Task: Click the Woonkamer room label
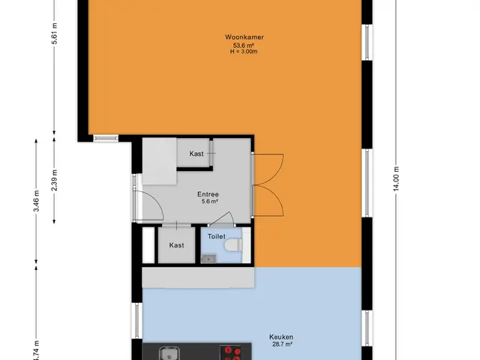pos(244,37)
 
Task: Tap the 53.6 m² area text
pos(244,45)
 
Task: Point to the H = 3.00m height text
pos(244,52)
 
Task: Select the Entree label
pos(208,194)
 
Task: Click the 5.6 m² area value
pos(209,201)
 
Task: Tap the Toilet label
pos(217,236)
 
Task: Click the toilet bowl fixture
pos(233,245)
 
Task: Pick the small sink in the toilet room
pos(208,259)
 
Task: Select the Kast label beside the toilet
pos(177,245)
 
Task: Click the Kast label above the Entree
pos(196,154)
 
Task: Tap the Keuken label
pos(281,337)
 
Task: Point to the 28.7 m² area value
pos(282,344)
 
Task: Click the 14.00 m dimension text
pos(397,178)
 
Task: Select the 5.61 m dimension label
pos(54,34)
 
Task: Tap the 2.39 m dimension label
pos(54,180)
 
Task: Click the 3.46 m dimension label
pos(36,201)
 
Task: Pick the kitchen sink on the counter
pos(167,353)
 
